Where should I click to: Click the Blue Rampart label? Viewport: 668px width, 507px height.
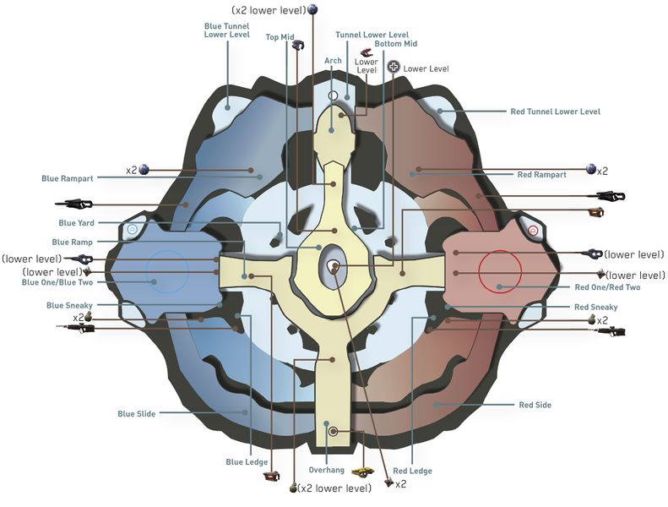68,178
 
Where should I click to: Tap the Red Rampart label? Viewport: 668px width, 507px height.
541,175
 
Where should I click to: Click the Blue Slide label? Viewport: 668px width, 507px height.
137,414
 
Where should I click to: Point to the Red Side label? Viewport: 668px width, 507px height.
535,405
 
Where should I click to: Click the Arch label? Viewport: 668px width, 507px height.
333,61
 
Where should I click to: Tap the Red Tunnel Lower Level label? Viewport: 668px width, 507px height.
556,112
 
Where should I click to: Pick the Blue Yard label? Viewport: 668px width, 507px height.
76,223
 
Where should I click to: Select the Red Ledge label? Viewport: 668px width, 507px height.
412,471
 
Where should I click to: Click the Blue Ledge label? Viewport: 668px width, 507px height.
247,462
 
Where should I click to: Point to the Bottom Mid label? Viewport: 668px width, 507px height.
399,44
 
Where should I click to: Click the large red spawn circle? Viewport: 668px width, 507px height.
500,272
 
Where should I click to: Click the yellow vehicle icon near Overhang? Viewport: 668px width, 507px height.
362,472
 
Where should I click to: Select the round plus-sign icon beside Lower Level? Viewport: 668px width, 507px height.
394,67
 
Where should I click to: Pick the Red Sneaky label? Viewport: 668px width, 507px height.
595,307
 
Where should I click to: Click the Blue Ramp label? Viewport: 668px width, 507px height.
73,242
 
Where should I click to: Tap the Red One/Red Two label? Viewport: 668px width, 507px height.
608,287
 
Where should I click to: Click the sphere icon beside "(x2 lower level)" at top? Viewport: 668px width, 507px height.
313,9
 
